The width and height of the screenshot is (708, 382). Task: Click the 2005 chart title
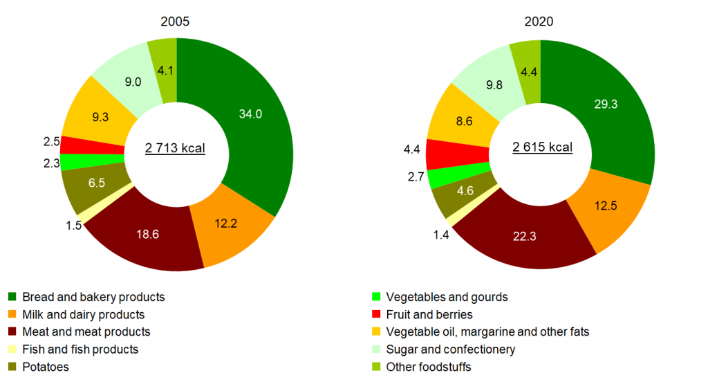tap(175, 21)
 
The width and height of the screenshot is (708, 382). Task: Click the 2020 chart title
tap(539, 21)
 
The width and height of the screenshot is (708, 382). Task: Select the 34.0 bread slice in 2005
tap(249, 114)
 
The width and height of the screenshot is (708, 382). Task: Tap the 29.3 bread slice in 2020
tap(608, 104)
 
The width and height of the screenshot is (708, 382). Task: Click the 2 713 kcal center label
tap(175, 148)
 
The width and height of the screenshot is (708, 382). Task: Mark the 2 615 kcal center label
tap(542, 147)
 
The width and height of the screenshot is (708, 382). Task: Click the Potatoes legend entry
tap(46, 367)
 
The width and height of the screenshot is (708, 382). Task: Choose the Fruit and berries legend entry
tap(429, 315)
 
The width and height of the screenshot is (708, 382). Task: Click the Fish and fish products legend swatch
tap(12, 349)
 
